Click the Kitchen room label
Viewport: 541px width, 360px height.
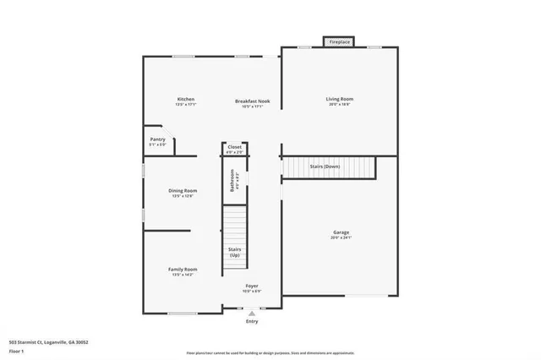[x=185, y=99]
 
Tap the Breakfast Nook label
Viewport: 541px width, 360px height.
[x=252, y=101]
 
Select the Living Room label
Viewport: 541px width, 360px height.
[x=340, y=99]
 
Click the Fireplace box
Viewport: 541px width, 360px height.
[x=339, y=41]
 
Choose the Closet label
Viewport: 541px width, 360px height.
[x=235, y=147]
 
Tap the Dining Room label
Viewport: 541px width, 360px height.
[x=184, y=190]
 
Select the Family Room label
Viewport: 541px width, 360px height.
[x=183, y=269]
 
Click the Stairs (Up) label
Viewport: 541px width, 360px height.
[x=235, y=252]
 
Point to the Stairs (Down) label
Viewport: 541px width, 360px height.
[x=325, y=166]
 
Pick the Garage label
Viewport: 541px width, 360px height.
[x=341, y=232]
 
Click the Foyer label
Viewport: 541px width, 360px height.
[x=252, y=286]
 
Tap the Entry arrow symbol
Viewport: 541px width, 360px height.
[x=252, y=314]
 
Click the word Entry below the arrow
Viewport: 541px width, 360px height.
[x=252, y=322]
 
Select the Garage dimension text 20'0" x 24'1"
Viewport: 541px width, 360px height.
[x=341, y=238]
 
